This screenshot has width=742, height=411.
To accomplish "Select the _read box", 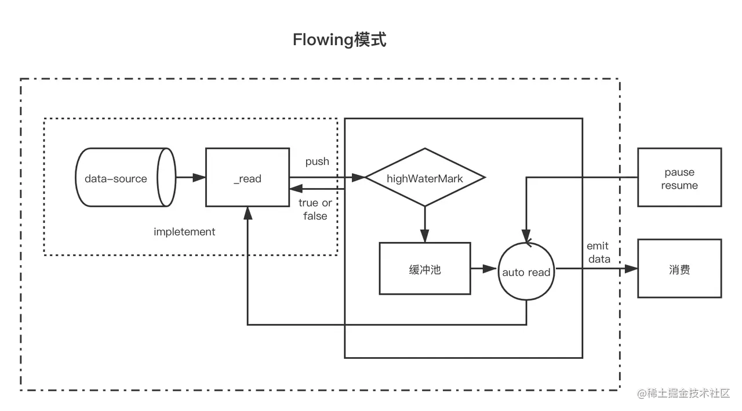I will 248,178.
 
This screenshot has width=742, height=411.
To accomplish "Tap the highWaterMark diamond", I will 425,178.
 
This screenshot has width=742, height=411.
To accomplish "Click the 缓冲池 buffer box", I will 425,269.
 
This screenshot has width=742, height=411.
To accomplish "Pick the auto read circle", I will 526,271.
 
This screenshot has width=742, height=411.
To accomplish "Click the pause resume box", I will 679,178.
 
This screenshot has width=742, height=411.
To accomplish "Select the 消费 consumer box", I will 679,269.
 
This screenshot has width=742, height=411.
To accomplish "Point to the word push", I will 317,162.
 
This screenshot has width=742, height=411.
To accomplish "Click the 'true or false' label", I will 315,210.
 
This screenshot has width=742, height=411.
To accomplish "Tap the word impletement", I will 184,232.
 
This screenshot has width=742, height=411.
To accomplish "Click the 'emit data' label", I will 599,253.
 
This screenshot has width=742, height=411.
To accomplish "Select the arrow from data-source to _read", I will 190,178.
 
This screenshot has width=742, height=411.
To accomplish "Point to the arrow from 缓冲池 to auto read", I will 484,269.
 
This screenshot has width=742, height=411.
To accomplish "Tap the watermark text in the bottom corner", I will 683,392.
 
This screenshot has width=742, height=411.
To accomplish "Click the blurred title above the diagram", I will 341,39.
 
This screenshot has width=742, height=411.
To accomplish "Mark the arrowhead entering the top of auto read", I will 526,238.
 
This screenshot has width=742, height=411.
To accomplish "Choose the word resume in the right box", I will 679,186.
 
